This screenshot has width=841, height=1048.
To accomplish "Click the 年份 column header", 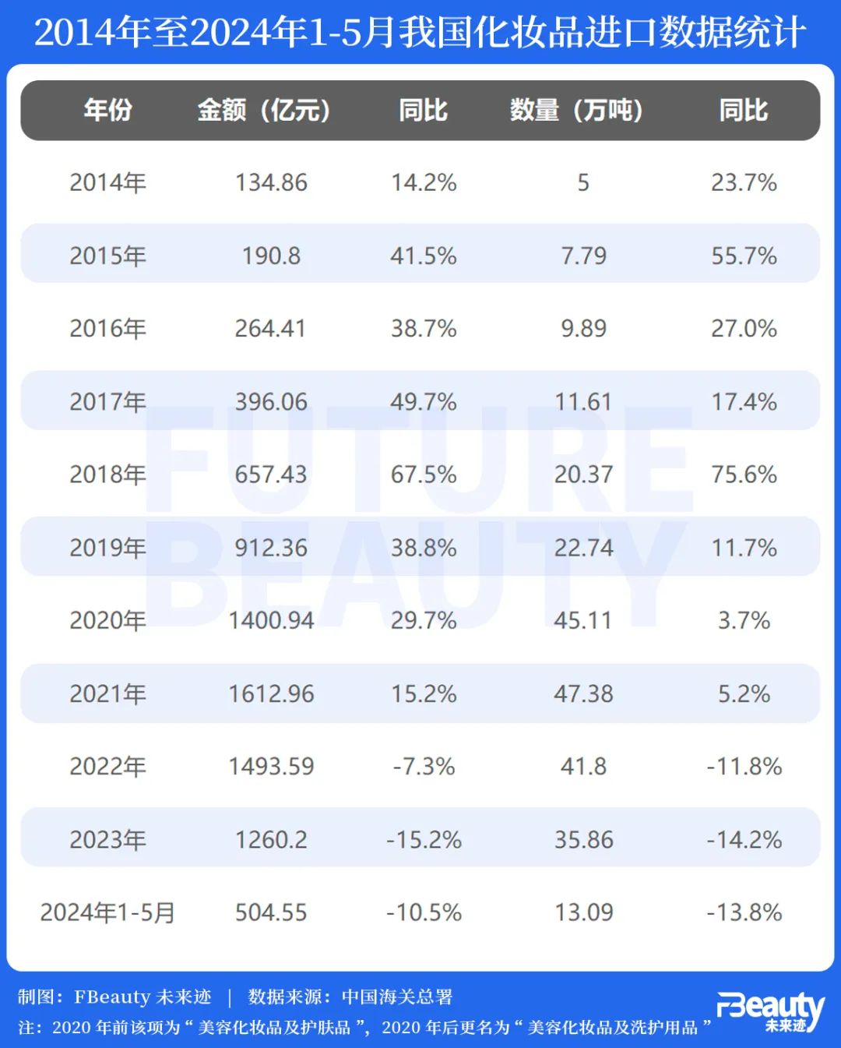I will point(107,110).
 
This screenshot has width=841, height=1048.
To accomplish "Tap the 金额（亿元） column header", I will point(265,110).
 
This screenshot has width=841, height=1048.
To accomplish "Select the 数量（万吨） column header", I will point(577,110).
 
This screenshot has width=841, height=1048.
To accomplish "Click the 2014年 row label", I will point(107,182).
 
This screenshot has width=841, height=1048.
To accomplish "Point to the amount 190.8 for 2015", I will point(271,256).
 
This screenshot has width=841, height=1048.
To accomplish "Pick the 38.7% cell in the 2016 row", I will point(424,328).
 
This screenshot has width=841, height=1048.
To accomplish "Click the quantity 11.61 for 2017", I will point(583,401).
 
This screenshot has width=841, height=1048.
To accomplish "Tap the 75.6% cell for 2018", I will point(744,474).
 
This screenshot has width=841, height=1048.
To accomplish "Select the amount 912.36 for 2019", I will point(271,547).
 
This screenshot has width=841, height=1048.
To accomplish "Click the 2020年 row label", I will point(107,620).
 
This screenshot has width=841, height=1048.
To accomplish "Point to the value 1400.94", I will point(271,620).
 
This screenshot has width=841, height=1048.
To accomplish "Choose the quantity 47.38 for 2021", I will point(583,693).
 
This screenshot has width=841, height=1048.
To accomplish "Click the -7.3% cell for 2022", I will point(424,766).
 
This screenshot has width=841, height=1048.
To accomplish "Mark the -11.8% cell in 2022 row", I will point(744,766).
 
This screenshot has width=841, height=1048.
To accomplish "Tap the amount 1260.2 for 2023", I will point(271,839).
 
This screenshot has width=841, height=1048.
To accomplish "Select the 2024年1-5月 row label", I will point(107,912).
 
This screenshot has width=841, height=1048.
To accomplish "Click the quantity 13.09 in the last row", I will point(583,912).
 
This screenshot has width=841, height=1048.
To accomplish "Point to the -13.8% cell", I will point(744,912).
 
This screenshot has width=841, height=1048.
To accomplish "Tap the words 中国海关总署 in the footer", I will point(397,997).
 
